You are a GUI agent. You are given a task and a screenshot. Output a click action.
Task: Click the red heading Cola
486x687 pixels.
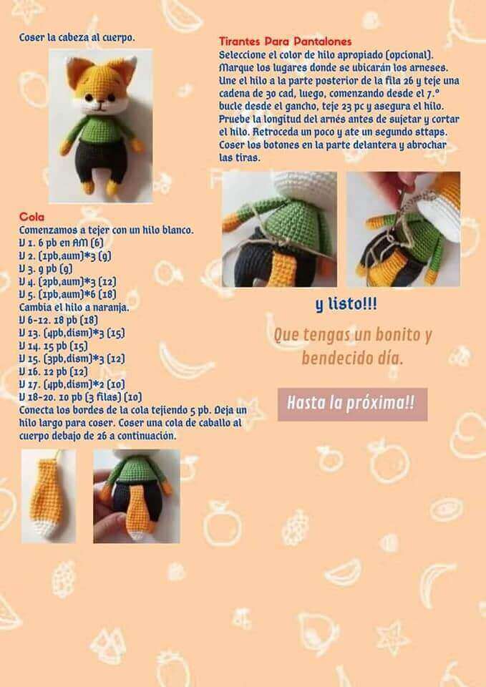coord(31,216)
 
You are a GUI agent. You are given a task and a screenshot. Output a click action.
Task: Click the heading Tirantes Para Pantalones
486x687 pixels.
coord(286,42)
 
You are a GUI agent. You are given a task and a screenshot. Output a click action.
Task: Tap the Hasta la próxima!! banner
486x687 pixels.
coord(352,404)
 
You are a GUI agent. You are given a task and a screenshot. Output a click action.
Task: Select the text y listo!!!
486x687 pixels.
coord(346,305)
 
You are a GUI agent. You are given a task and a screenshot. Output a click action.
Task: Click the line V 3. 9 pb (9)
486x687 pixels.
coord(46,268)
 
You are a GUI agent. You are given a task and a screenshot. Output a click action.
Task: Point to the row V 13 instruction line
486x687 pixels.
coord(72,333)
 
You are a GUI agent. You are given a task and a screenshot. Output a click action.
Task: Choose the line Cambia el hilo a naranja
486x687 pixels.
coord(74,307)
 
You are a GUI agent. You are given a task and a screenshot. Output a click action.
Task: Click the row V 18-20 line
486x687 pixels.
coord(80,397)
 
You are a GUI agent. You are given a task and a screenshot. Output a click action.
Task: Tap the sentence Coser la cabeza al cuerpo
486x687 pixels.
coord(77,38)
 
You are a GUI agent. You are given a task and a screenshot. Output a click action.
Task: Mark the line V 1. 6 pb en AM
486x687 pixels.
coord(61,243)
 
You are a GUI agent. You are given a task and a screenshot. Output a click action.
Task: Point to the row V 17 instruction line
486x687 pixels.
coord(72,384)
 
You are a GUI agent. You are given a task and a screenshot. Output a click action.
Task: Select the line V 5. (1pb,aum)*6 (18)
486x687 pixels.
coord(67,294)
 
